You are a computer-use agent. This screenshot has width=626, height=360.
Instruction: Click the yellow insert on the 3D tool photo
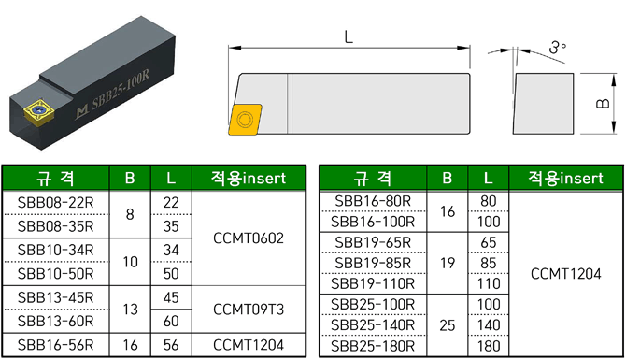tap(39, 111)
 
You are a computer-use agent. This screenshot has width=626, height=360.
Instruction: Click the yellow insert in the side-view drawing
tap(245, 120)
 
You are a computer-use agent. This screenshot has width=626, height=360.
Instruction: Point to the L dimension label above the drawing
tap(349, 37)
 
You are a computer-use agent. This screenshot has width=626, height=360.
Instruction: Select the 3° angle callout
tap(558, 47)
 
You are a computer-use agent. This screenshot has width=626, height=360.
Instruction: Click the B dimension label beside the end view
tap(603, 104)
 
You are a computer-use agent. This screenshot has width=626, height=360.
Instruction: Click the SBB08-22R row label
tap(55, 203)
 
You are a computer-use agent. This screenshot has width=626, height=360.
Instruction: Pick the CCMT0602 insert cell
tap(249, 238)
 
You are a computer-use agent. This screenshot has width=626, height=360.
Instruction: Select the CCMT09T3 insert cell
tap(249, 310)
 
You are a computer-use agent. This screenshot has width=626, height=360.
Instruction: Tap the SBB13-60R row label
tap(55, 322)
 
